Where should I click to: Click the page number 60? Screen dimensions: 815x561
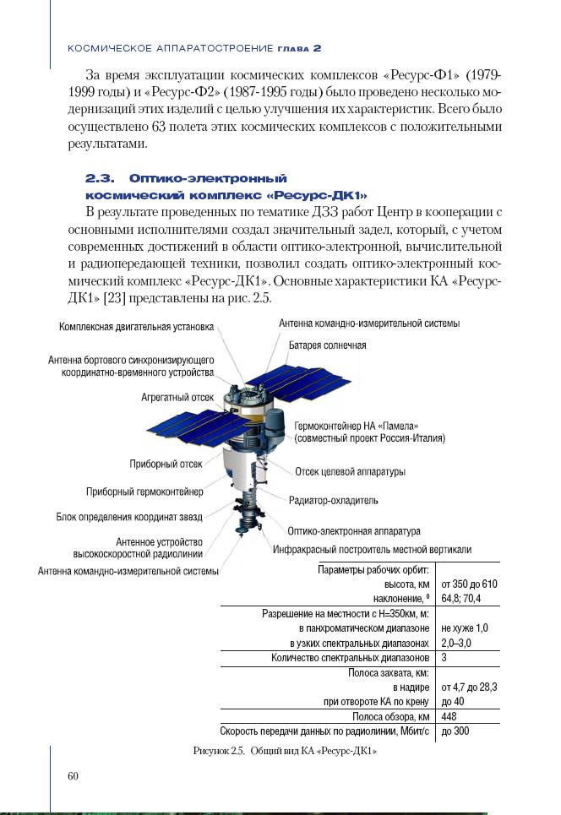coord(73,776)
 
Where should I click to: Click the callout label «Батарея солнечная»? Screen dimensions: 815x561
coord(327,345)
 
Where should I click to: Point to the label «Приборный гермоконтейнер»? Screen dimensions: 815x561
coord(144,492)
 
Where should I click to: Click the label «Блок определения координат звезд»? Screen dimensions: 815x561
coord(129,516)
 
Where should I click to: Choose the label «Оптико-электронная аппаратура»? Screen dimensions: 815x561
coord(354,531)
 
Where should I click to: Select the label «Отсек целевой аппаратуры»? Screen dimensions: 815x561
coord(350,471)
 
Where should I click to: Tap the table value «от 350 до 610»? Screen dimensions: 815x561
coord(469,584)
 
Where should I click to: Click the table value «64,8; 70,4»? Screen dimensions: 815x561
coord(460,598)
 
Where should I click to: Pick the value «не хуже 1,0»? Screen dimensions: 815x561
coord(465,628)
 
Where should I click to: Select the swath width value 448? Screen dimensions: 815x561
coord(449,716)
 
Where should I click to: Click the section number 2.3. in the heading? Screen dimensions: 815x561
coord(98,179)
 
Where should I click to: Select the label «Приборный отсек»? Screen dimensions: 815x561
coord(166,464)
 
